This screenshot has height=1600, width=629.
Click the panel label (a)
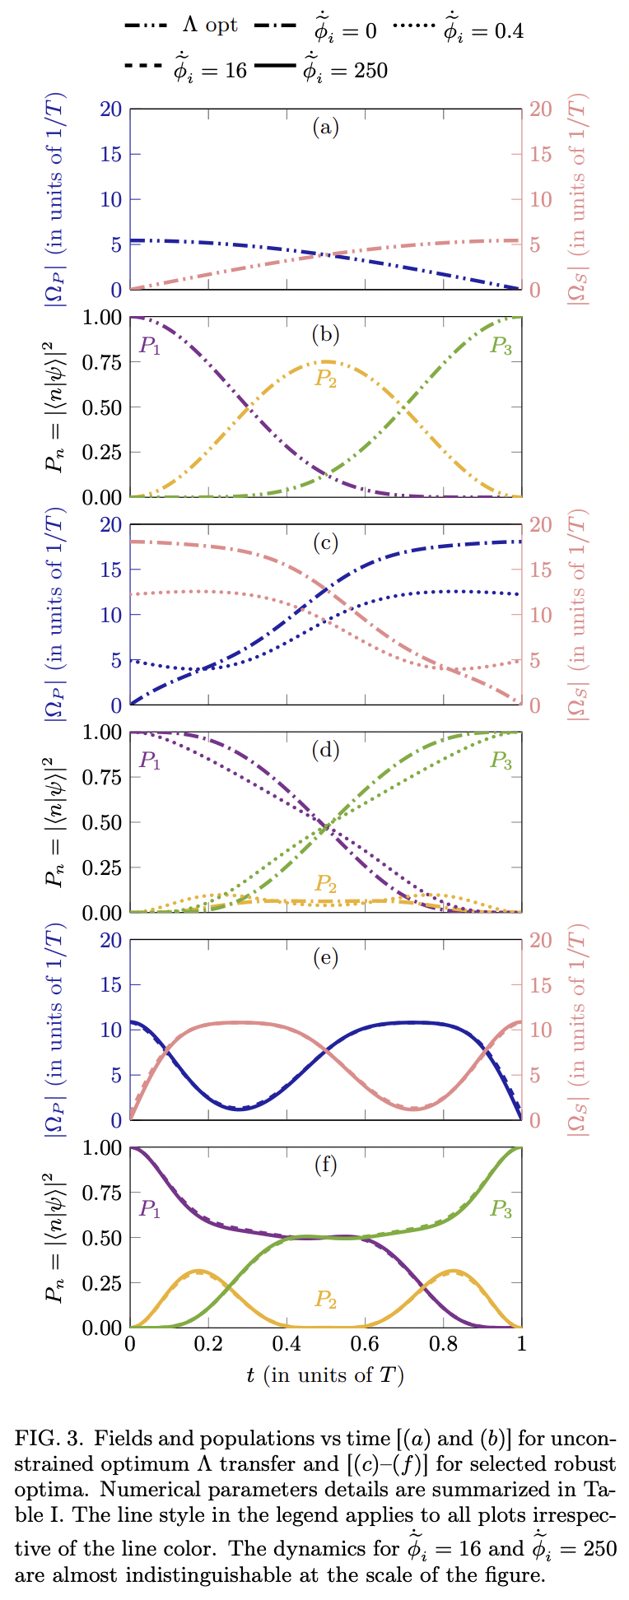pyautogui.click(x=326, y=128)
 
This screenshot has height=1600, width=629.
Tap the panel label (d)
pyautogui.click(x=326, y=750)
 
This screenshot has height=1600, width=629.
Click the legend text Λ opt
pyautogui.click(x=210, y=26)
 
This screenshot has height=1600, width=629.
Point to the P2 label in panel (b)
pyautogui.click(x=326, y=379)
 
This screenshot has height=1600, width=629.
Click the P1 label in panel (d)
pyautogui.click(x=150, y=760)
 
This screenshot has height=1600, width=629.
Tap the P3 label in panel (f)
pyautogui.click(x=501, y=1209)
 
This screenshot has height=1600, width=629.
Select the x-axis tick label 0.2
pyautogui.click(x=208, y=1344)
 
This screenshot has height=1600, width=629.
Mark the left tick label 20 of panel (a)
pyautogui.click(x=110, y=109)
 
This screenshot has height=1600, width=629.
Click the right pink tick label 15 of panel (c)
pyautogui.click(x=540, y=570)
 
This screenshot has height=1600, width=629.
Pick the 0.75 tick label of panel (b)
pyautogui.click(x=103, y=363)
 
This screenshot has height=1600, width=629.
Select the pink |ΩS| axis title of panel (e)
pyautogui.click(x=579, y=1030)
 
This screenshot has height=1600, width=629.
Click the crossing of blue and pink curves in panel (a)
pyautogui.click(x=326, y=254)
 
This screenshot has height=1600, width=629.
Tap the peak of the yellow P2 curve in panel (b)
pyautogui.click(x=326, y=361)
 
